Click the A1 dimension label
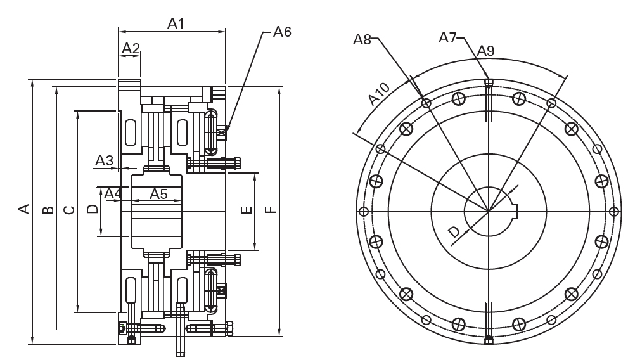pyautogui.click(x=176, y=24)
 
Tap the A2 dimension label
pyautogui.click(x=131, y=48)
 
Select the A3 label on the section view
pyautogui.click(x=104, y=160)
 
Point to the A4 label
pyautogui.click(x=113, y=194)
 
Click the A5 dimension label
pyautogui.click(x=158, y=194)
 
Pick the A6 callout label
pyautogui.click(x=282, y=32)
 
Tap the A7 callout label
pyautogui.click(x=447, y=37)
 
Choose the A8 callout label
pyautogui.click(x=362, y=39)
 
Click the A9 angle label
pyautogui.click(x=485, y=51)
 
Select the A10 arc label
pyautogui.click(x=378, y=94)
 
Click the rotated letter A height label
pyautogui.click(x=24, y=209)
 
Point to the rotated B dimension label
pyautogui.click(x=48, y=210)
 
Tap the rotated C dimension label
pyautogui.click(x=69, y=210)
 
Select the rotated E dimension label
pyautogui.click(x=248, y=209)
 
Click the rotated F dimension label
pyautogui.click(x=271, y=209)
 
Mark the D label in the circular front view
pyautogui.click(x=454, y=231)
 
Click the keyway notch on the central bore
pyautogui.click(x=515, y=210)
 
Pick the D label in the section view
pyautogui.click(x=93, y=209)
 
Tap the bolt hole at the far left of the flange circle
pyautogui.click(x=363, y=211)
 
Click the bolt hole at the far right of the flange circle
pyautogui.click(x=613, y=211)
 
